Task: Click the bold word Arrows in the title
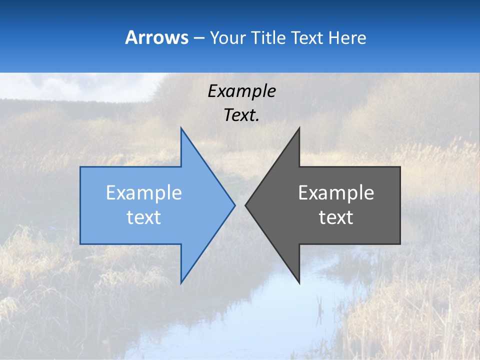(x=156, y=37)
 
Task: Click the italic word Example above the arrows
(x=242, y=91)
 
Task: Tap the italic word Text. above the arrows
(x=242, y=115)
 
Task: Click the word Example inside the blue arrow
(x=144, y=192)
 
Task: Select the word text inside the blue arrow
(x=144, y=217)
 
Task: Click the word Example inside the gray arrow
(x=336, y=192)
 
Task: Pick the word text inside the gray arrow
(x=336, y=217)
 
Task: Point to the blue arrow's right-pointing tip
(x=234, y=205)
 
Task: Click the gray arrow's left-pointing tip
(x=245, y=205)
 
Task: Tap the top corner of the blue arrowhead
(x=181, y=128)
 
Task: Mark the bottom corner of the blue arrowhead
(x=181, y=283)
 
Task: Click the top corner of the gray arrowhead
(x=299, y=128)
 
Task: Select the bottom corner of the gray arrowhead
(x=299, y=283)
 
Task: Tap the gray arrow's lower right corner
(x=400, y=243)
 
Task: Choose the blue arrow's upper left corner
(x=80, y=167)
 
